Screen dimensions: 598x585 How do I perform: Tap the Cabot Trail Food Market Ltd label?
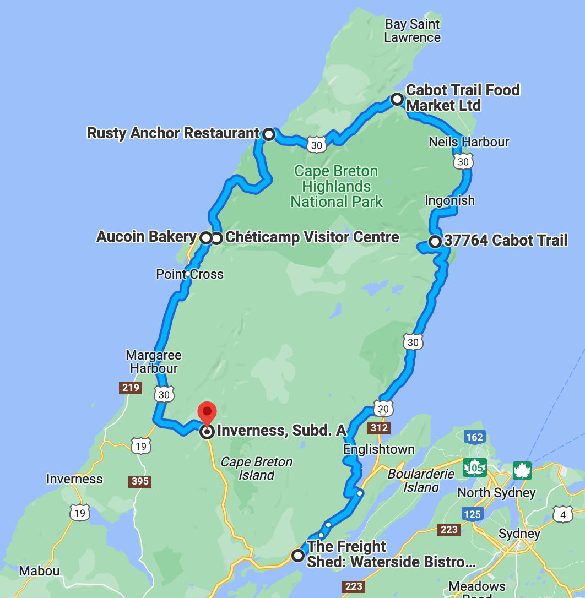pyautogui.click(x=463, y=97)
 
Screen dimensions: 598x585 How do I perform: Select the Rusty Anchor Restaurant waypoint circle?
pyautogui.click(x=269, y=134)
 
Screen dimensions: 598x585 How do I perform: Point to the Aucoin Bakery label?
pyautogui.click(x=147, y=237)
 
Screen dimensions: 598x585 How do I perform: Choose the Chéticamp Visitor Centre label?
pyautogui.click(x=312, y=237)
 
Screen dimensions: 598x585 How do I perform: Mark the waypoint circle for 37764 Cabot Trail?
pyautogui.click(x=435, y=241)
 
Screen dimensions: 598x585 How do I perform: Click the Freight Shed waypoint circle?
pyautogui.click(x=298, y=555)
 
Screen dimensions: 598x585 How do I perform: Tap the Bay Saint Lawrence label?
pyautogui.click(x=413, y=31)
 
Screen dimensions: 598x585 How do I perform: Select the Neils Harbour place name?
pyautogui.click(x=469, y=142)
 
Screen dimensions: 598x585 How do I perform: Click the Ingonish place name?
pyautogui.click(x=449, y=200)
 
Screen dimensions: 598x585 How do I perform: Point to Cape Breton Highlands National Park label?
pyautogui.click(x=337, y=187)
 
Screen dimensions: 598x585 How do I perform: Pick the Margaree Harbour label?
pyautogui.click(x=154, y=362)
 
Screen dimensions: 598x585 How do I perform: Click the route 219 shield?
pyautogui.click(x=131, y=388)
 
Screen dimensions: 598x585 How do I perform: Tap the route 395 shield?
pyautogui.click(x=140, y=481)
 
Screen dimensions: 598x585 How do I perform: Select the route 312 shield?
pyautogui.click(x=380, y=428)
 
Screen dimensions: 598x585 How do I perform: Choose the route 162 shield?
pyautogui.click(x=474, y=437)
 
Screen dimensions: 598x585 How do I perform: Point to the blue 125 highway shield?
pyautogui.click(x=473, y=514)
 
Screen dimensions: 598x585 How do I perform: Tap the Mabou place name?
pyautogui.click(x=39, y=570)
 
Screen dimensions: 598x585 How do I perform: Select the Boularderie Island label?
pyautogui.click(x=421, y=480)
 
